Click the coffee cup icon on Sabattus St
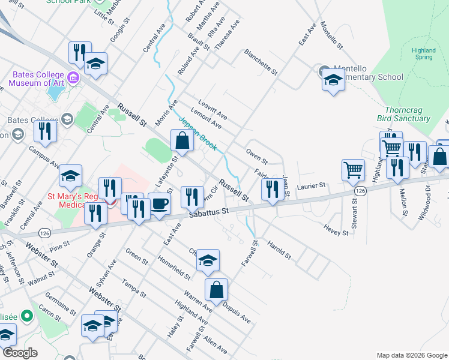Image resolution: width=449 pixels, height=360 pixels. [159, 203]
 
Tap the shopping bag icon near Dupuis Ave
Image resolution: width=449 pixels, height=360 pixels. [216, 290]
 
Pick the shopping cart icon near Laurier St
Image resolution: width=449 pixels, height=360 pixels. [353, 170]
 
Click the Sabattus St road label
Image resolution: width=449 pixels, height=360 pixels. [208, 211]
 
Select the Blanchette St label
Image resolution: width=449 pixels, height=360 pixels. [261, 62]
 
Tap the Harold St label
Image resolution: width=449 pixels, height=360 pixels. [279, 251]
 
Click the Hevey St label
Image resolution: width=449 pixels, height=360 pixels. [336, 229]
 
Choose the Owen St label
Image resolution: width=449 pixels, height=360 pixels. [256, 155]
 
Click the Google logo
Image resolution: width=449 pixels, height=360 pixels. [20, 353]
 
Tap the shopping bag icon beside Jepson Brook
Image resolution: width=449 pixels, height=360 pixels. [182, 142]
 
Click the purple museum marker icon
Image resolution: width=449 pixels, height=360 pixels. [73, 77]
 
